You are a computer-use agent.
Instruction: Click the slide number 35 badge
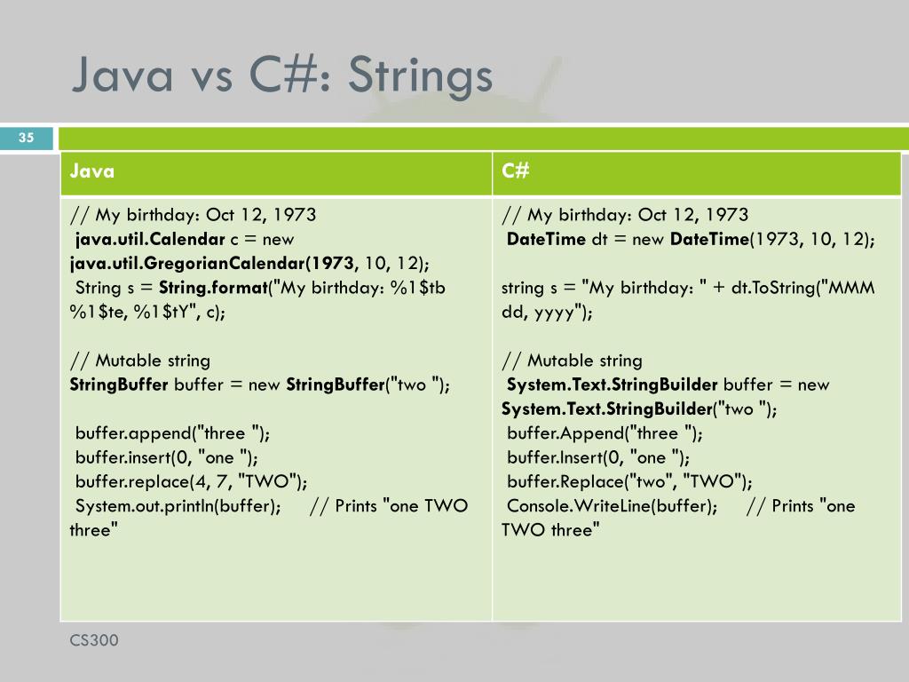coord(26,138)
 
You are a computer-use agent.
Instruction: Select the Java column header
coord(92,171)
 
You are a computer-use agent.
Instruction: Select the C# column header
coord(515,171)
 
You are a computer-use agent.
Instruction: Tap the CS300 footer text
coord(94,640)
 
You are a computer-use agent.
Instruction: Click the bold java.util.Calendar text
coord(149,239)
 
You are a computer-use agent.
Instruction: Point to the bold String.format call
coord(213,288)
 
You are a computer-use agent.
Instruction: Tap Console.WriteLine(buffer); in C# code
coord(612,506)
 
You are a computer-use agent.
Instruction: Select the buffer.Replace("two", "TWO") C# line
coord(628,481)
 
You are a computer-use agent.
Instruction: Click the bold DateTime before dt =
coord(546,239)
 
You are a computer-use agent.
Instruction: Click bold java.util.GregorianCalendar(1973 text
coord(212,264)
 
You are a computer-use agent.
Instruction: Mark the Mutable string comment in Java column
coord(140,361)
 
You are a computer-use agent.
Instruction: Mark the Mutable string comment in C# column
coord(572,361)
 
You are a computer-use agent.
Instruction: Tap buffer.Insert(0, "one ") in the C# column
coord(597,457)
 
